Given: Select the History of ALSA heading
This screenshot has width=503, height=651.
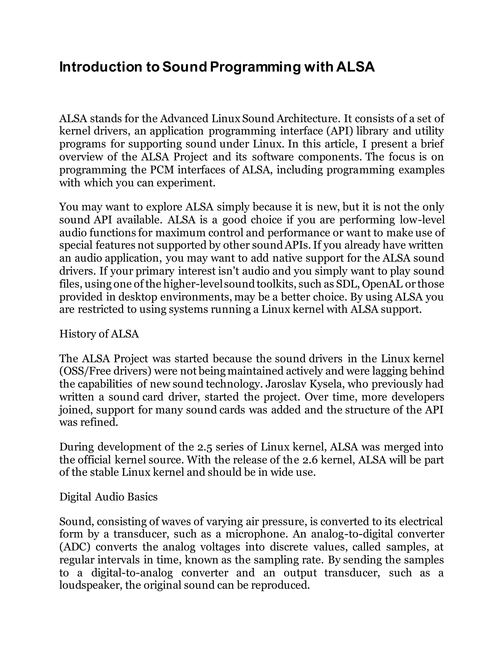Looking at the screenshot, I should pos(99,334).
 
